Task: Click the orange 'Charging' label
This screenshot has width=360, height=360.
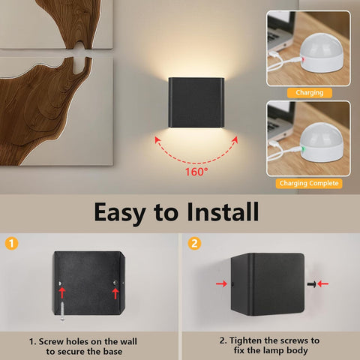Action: [x=310, y=93]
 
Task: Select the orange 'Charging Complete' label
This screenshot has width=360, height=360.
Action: [x=310, y=183]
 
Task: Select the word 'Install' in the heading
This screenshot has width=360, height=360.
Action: [x=219, y=211]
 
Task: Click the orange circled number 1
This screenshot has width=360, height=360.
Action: [x=10, y=243]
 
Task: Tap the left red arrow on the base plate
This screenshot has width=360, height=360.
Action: [x=63, y=293]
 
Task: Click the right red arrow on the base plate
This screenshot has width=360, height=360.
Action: [x=115, y=292]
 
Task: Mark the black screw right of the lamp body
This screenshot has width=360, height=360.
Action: [x=310, y=284]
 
